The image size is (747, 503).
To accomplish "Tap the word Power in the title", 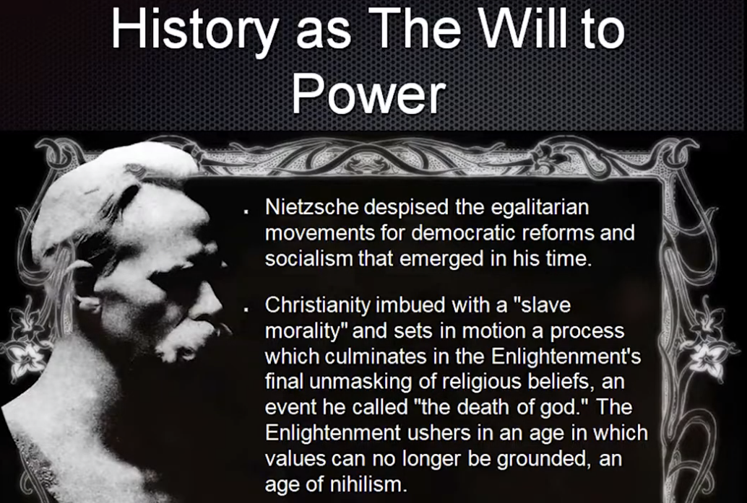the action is point(368,94).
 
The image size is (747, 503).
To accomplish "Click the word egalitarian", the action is point(540,208).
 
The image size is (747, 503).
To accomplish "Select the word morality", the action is point(306,331).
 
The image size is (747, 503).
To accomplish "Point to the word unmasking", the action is point(366,382).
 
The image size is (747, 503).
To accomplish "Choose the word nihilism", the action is point(369,484).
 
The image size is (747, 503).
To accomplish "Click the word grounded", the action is point(540,459).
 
